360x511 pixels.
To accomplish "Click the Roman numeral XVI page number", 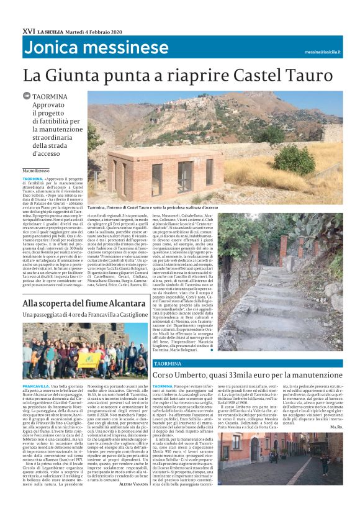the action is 28,30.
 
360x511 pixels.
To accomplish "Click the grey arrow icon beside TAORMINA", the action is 26,96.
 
